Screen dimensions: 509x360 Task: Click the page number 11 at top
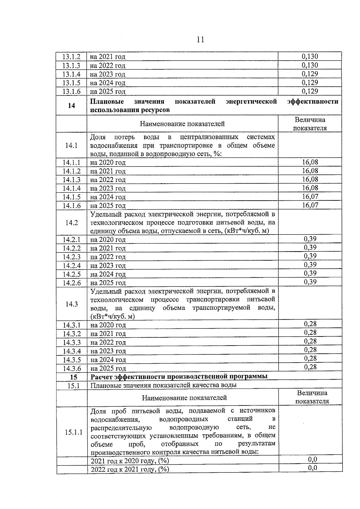point(200,40)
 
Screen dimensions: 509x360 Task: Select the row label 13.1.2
point(71,57)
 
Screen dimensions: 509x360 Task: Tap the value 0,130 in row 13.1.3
point(310,65)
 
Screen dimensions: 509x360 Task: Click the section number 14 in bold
point(71,106)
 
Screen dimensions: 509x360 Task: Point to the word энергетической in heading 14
point(251,101)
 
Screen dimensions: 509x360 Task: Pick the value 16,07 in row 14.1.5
point(310,196)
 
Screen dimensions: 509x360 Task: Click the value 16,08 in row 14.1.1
point(310,162)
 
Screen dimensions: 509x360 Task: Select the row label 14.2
point(71,223)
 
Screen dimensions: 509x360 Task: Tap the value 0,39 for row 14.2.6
point(310,282)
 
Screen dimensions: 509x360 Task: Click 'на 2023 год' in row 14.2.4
point(108,265)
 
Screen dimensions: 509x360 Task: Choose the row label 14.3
point(71,304)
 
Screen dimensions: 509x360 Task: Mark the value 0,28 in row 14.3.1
point(310,324)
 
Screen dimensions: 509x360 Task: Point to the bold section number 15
point(73,377)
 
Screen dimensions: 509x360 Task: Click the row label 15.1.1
point(73,432)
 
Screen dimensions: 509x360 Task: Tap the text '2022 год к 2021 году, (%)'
point(130,469)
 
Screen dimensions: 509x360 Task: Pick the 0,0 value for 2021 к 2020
point(312,460)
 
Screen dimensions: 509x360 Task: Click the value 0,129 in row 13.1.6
point(310,91)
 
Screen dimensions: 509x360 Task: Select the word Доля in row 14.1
point(98,137)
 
